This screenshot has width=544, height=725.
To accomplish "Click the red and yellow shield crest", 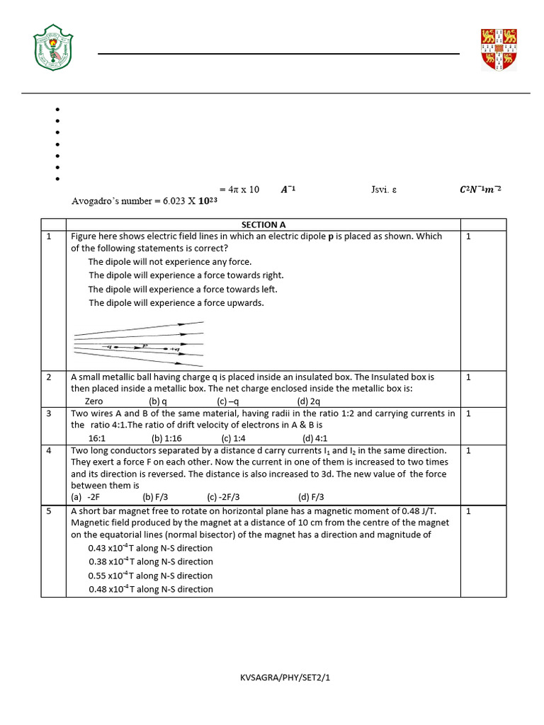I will pyautogui.click(x=499, y=50).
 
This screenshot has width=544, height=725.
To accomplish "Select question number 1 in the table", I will pyautogui.click(x=50, y=236).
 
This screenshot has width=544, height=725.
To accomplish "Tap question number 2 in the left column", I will pyautogui.click(x=50, y=377).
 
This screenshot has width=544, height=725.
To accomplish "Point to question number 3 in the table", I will pyautogui.click(x=50, y=413).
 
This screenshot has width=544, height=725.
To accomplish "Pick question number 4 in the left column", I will pyautogui.click(x=50, y=450).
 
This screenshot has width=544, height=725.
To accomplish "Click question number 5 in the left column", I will pyautogui.click(x=50, y=510).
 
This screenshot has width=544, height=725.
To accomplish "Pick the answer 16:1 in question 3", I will pyautogui.click(x=97, y=438).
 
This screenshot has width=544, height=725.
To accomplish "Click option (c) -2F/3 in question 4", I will pyautogui.click(x=224, y=497).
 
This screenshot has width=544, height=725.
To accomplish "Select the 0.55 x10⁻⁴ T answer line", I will pyautogui.click(x=150, y=576).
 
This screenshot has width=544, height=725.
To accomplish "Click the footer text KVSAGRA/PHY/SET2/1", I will pyautogui.click(x=285, y=678).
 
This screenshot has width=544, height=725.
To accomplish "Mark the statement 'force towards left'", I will pyautogui.click(x=183, y=289).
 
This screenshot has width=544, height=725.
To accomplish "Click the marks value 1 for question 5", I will pyautogui.click(x=468, y=510).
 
